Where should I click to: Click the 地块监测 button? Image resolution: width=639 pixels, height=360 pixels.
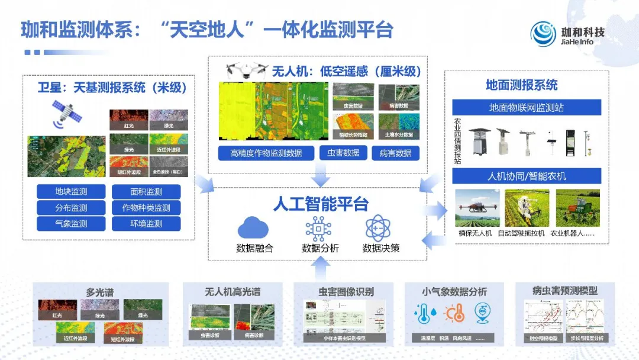point(71,192)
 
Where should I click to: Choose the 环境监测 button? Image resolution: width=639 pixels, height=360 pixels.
point(146,224)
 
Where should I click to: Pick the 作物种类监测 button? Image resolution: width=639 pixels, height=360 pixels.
point(146,208)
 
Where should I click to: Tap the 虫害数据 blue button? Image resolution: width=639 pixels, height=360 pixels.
point(343,153)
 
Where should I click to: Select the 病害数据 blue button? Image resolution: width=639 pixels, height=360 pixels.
point(395,153)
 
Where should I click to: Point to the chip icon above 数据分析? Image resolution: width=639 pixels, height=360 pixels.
point(319,229)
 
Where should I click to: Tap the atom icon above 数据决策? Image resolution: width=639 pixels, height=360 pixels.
point(378,229)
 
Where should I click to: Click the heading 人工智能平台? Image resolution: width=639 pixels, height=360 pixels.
point(320,204)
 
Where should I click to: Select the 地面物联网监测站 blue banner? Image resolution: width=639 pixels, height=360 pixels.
point(527,108)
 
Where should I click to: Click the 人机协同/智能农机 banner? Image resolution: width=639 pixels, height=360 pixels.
point(527,176)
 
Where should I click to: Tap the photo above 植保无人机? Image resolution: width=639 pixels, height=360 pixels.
point(477,208)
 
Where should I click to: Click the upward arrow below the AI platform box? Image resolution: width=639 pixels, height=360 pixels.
point(320,269)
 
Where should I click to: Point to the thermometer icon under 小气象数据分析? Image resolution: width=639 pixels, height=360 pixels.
point(424,313)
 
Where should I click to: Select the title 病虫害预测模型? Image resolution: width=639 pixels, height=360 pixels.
point(564,291)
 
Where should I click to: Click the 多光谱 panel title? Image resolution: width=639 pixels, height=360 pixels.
point(99,292)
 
